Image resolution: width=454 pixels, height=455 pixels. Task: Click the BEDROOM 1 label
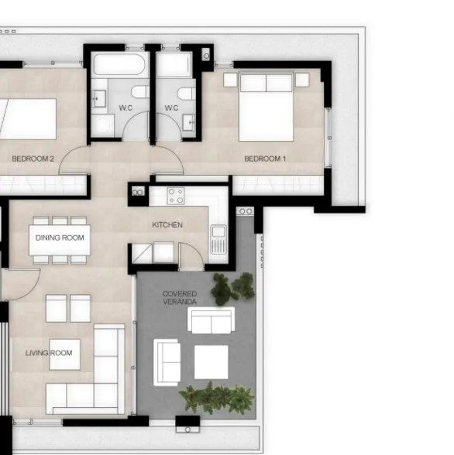265,159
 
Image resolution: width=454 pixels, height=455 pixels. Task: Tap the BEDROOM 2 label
33,159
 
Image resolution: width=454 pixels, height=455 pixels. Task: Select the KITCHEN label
167,224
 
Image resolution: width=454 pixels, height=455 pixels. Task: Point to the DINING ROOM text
60,238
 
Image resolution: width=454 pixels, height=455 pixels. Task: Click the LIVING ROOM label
49,353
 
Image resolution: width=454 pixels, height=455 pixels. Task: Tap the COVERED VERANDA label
180,298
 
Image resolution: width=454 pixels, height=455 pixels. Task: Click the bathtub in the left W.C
119,64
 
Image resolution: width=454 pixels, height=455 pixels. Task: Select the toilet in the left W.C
140,91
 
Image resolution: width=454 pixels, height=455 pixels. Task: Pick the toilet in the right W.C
187,94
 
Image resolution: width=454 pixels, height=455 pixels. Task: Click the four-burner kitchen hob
175,196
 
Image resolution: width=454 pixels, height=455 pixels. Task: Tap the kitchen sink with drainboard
218,239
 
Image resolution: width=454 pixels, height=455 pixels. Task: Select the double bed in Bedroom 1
266,108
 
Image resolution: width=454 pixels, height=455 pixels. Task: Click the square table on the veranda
212,362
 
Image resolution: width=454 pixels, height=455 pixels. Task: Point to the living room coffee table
64,354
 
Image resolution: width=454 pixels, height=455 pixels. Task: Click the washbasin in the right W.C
189,122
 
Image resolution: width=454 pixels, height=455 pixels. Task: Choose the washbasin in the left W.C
99,99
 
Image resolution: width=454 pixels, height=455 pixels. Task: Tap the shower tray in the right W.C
174,64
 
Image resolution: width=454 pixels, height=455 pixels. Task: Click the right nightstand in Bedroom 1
302,80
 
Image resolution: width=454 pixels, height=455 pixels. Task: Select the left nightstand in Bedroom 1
230,80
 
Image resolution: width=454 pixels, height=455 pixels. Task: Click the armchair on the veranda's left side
167,362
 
